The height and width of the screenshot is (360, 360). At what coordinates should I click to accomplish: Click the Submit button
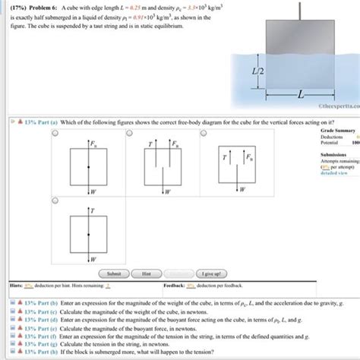pyautogui.click(x=114, y=273)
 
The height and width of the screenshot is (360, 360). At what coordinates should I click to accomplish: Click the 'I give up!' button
pyautogui.click(x=209, y=273)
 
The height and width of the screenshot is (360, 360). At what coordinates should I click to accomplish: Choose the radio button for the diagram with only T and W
pyautogui.click(x=56, y=201)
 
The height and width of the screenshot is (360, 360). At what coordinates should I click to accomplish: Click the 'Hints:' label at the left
pyautogui.click(x=14, y=286)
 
